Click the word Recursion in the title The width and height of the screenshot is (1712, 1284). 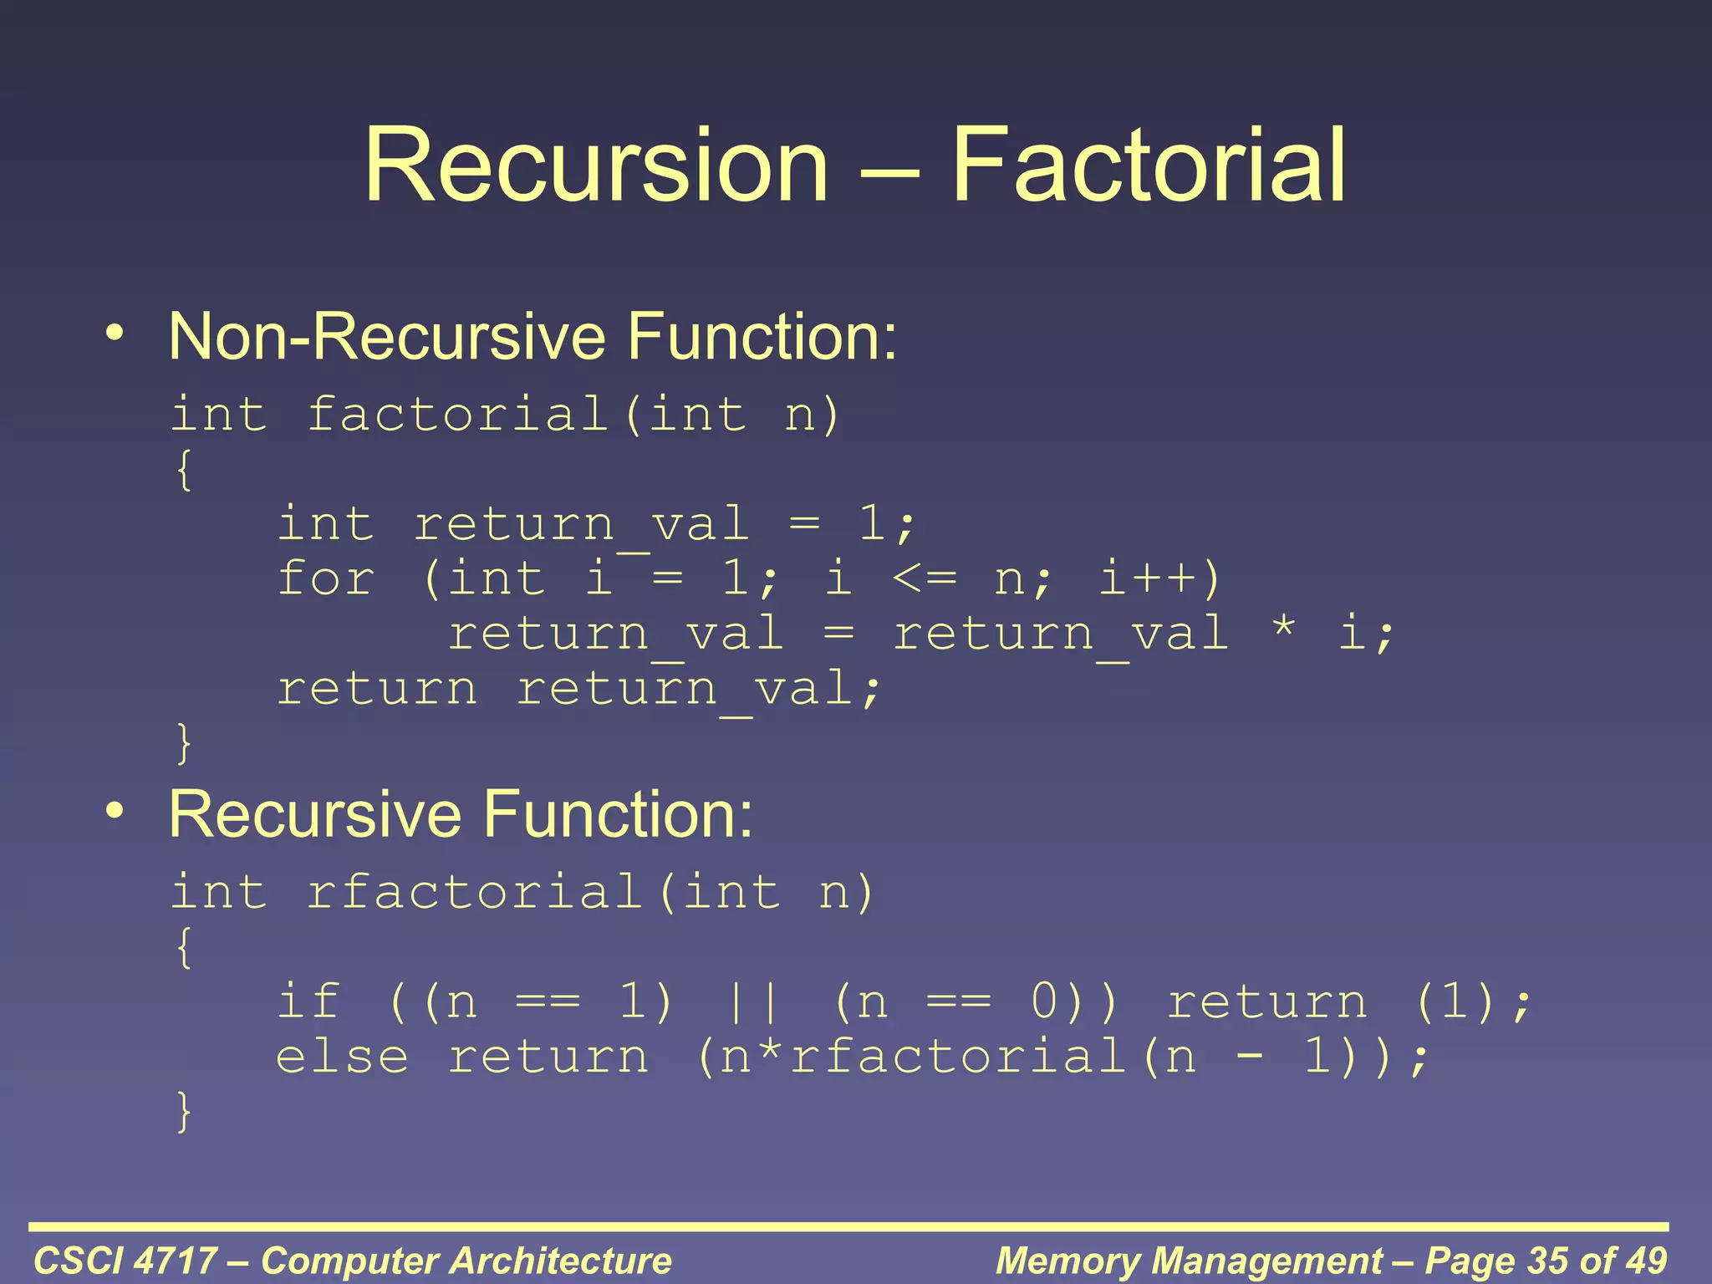click(x=596, y=165)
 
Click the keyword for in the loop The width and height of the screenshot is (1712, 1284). click(x=326, y=578)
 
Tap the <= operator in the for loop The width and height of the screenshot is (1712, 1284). click(x=924, y=578)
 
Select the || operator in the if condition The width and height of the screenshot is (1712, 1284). click(x=753, y=1002)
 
